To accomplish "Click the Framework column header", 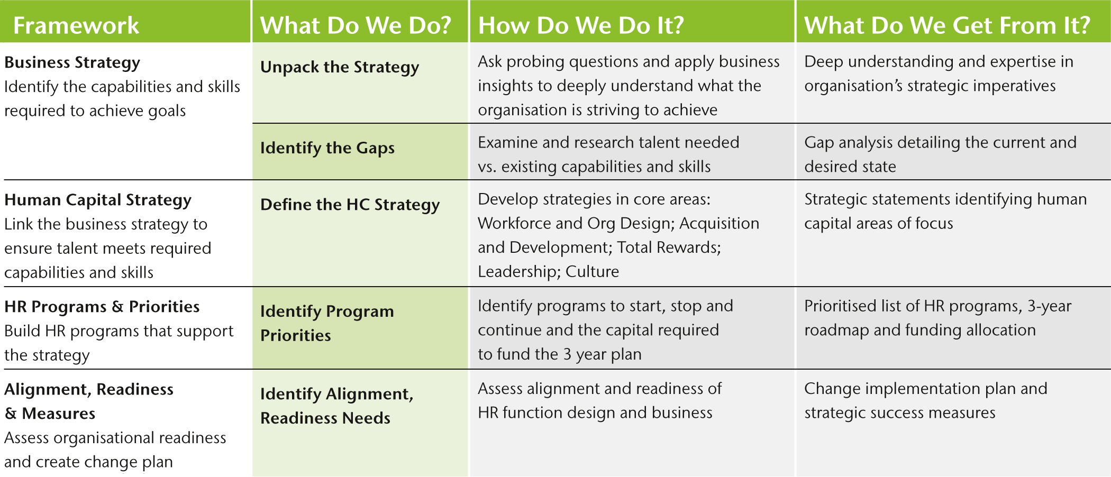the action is [x=76, y=25].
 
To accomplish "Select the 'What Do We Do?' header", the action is [x=356, y=25].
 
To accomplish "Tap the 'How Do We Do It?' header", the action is [x=581, y=25].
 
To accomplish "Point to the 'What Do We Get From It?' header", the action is [x=947, y=25].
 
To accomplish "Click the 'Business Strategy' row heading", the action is [x=72, y=62].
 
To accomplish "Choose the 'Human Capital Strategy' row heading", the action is [x=98, y=200].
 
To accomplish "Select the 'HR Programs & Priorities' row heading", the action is [x=102, y=307].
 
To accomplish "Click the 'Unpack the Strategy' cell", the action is [x=340, y=67].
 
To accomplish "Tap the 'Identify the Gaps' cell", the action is [x=327, y=148].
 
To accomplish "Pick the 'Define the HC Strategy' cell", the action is [x=350, y=205].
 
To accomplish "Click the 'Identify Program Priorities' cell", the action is [x=327, y=323].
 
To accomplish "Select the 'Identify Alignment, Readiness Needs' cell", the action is [x=337, y=406].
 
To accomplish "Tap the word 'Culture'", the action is [x=592, y=272].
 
